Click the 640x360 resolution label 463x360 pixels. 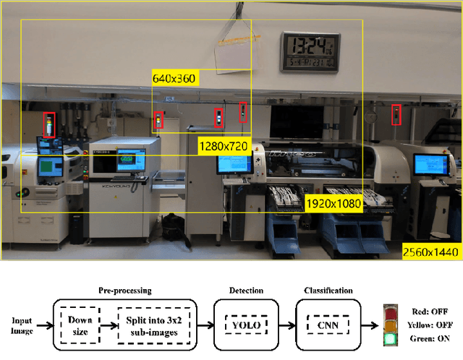[174, 77]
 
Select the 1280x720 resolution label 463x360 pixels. [224, 146]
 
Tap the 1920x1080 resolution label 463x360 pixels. [333, 204]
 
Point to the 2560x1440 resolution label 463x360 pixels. [431, 252]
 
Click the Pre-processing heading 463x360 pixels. [124, 291]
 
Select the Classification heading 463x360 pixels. [330, 291]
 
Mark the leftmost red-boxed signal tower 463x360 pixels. [48, 125]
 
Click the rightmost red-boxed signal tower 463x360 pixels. [396, 114]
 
